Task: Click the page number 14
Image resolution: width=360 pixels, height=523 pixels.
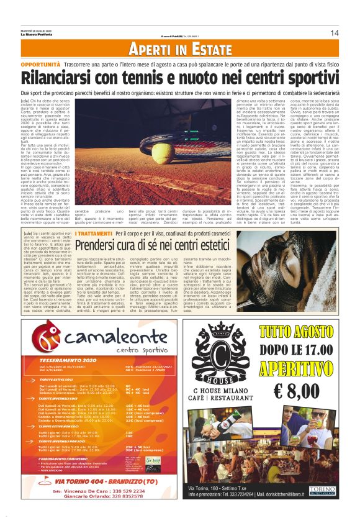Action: tap(334, 32)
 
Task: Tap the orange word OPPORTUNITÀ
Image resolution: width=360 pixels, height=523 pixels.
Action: tap(40, 63)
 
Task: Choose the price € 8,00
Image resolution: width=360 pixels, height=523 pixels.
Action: tap(305, 391)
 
